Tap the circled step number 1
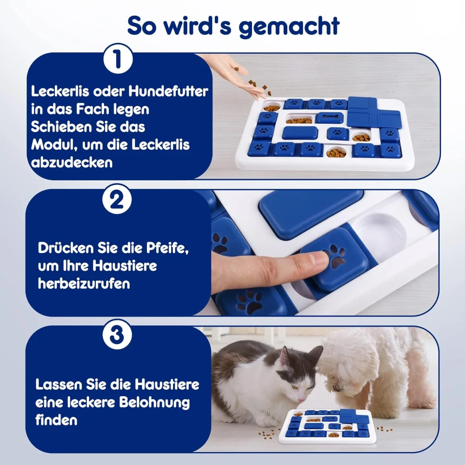tap(118, 59)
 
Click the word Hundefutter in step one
tap(168, 91)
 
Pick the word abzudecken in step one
tap(72, 163)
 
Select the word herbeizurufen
tap(84, 284)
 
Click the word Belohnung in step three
tap(154, 402)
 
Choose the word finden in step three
tap(56, 420)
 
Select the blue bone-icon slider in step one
tap(329, 118)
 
